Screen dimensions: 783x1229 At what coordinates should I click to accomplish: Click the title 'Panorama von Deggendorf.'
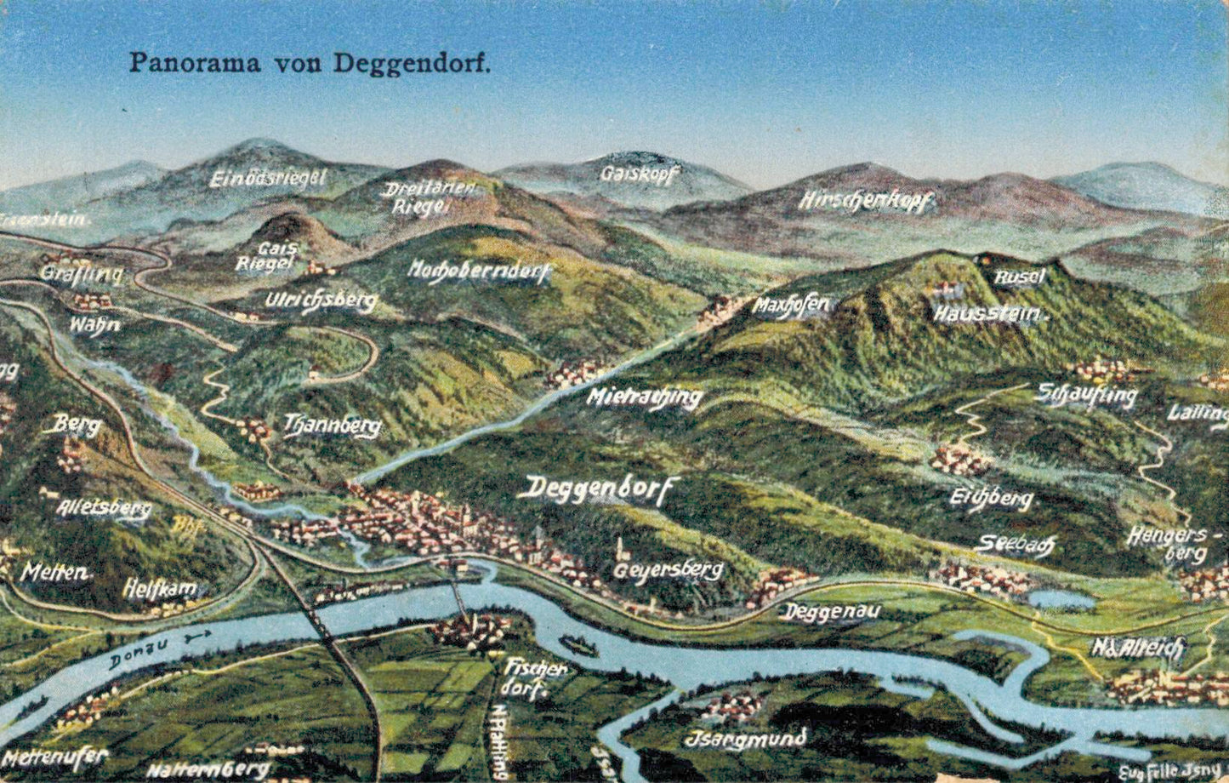[310, 63]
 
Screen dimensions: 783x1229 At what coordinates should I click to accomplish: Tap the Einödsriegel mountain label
[267, 179]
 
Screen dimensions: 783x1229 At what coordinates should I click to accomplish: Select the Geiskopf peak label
[640, 174]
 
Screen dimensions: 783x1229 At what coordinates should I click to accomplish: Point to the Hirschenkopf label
[866, 202]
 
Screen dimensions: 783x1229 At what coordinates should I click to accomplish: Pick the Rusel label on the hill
[1020, 277]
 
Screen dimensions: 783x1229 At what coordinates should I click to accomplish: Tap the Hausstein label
[987, 314]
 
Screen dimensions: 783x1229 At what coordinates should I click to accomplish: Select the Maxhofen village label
[790, 306]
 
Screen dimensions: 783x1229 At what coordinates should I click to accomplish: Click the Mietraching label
[646, 397]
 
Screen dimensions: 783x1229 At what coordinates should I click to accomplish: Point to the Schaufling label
[1087, 395]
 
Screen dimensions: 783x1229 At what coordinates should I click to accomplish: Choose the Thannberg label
[332, 426]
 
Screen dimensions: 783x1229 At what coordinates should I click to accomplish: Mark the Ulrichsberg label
[321, 301]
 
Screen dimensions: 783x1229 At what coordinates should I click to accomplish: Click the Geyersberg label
[668, 570]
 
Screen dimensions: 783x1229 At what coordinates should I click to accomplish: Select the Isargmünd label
[745, 739]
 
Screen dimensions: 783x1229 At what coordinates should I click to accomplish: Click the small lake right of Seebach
[1060, 599]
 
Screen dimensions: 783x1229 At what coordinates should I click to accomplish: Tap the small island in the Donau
[578, 647]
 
